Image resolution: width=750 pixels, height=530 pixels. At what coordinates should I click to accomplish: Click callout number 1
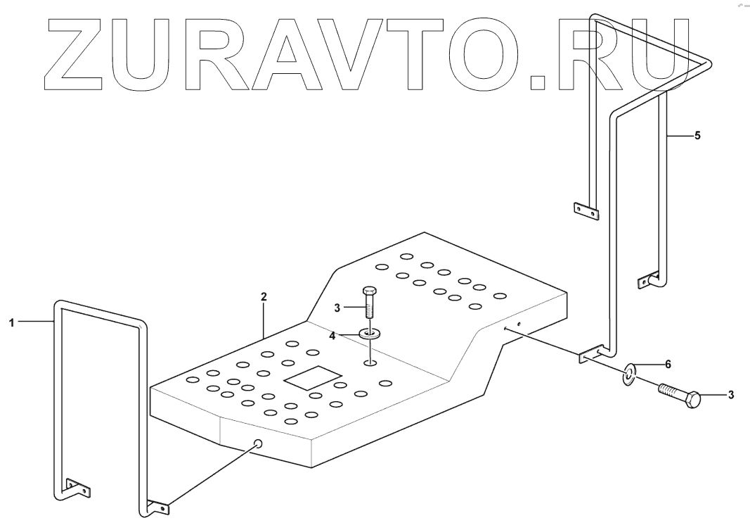(11, 322)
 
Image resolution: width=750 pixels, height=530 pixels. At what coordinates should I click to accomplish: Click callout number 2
(264, 297)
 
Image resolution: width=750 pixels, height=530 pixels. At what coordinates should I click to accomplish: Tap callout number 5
(697, 136)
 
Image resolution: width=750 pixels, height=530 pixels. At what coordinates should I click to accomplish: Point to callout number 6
(668, 364)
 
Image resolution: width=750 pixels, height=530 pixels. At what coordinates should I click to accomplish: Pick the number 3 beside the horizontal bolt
(730, 395)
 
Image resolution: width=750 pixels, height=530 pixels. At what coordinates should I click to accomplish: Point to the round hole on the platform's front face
(258, 443)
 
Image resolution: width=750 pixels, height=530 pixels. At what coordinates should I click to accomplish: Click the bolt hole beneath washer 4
(370, 363)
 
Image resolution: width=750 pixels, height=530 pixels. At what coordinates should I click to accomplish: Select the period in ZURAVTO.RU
(538, 82)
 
